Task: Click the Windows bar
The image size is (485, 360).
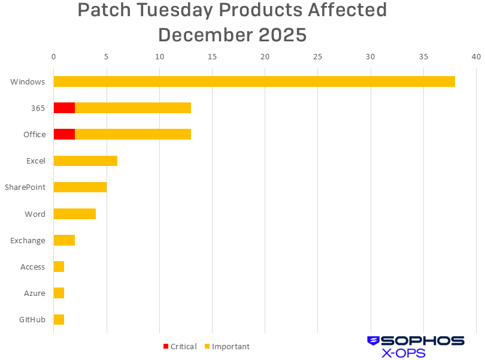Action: [254, 81]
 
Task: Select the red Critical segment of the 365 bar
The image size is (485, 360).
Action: [64, 108]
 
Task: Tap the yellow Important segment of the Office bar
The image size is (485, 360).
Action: [132, 134]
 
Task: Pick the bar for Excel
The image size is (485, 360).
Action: [85, 161]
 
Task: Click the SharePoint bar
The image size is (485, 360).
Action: [80, 187]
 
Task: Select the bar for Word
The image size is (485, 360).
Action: [74, 214]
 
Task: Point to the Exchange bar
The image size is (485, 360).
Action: [64, 240]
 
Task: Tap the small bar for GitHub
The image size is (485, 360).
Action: [59, 319]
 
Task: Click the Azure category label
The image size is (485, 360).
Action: [34, 293]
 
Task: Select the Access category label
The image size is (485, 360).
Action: [32, 267]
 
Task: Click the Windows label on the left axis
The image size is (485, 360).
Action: [28, 81]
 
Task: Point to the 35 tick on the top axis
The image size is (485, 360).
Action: [423, 57]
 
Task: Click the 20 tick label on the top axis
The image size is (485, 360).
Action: [265, 57]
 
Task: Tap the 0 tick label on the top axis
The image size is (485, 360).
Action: [54, 57]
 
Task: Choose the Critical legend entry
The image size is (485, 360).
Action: [180, 346]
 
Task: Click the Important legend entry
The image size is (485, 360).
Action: [227, 346]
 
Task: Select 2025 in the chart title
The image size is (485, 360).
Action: [283, 35]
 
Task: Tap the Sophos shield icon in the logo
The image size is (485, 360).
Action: [374, 341]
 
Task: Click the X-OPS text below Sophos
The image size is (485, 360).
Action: [404, 353]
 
